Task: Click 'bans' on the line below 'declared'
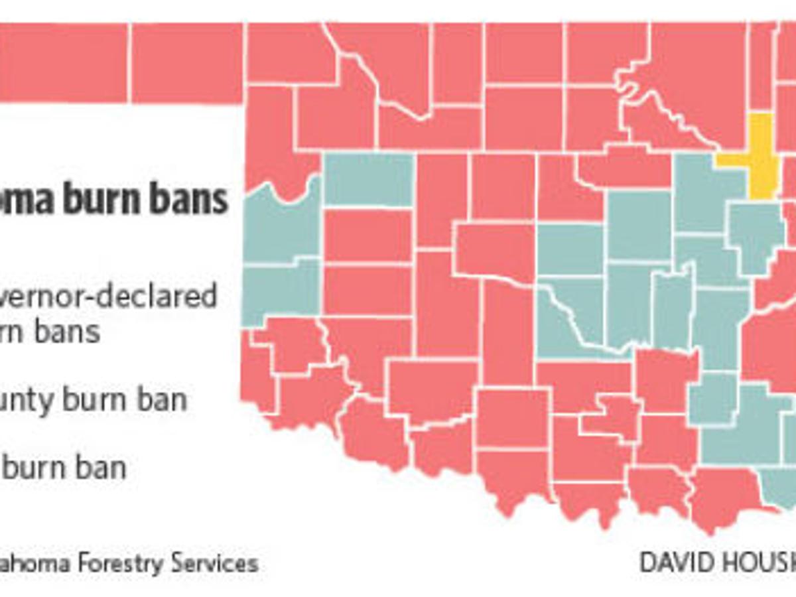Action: tap(67, 330)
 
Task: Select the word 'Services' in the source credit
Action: tap(215, 564)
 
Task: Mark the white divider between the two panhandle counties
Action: tap(130, 63)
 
